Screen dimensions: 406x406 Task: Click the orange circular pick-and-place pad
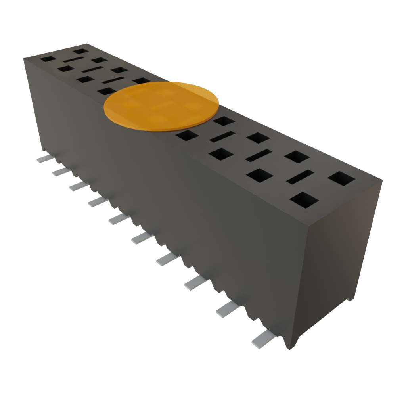tap(161, 106)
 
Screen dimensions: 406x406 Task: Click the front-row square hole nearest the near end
tap(304, 200)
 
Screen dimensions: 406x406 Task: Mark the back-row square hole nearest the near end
tap(341, 178)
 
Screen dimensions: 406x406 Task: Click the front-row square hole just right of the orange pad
tap(187, 136)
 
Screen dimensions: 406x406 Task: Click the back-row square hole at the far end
tap(81, 50)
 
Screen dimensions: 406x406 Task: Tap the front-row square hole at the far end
tap(48, 59)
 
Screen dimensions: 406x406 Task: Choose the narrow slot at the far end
tap(73, 59)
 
